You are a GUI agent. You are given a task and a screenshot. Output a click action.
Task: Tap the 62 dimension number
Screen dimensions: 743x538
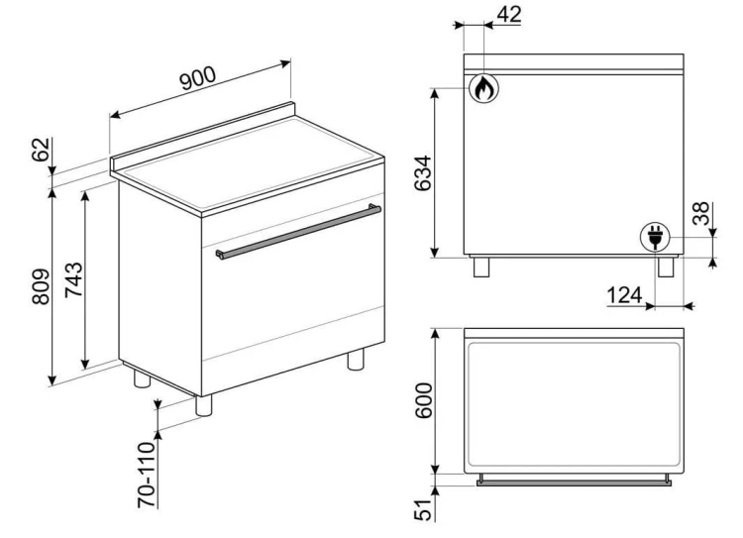pos(42,150)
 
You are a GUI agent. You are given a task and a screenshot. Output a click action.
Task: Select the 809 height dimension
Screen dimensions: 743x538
pos(41,286)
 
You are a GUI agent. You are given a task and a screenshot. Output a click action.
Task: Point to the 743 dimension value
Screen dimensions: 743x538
pos(73,279)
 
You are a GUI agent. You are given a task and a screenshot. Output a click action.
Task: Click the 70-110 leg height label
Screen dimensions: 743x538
pos(147,475)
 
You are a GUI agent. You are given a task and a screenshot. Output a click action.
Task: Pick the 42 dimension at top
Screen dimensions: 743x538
pos(509,15)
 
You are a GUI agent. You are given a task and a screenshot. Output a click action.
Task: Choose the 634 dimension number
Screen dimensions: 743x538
pos(423,173)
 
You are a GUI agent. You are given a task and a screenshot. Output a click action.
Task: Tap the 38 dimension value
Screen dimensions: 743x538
pos(700,213)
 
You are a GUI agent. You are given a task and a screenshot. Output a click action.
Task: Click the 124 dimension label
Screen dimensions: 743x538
pos(624,295)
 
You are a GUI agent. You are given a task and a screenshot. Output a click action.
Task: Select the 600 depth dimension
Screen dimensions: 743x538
pos(424,400)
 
